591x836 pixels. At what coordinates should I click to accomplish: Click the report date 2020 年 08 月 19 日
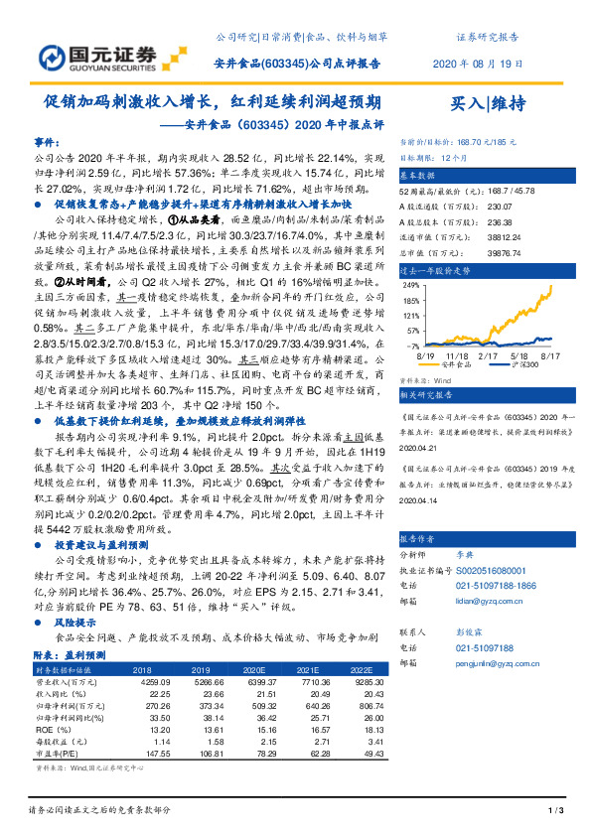(x=476, y=64)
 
